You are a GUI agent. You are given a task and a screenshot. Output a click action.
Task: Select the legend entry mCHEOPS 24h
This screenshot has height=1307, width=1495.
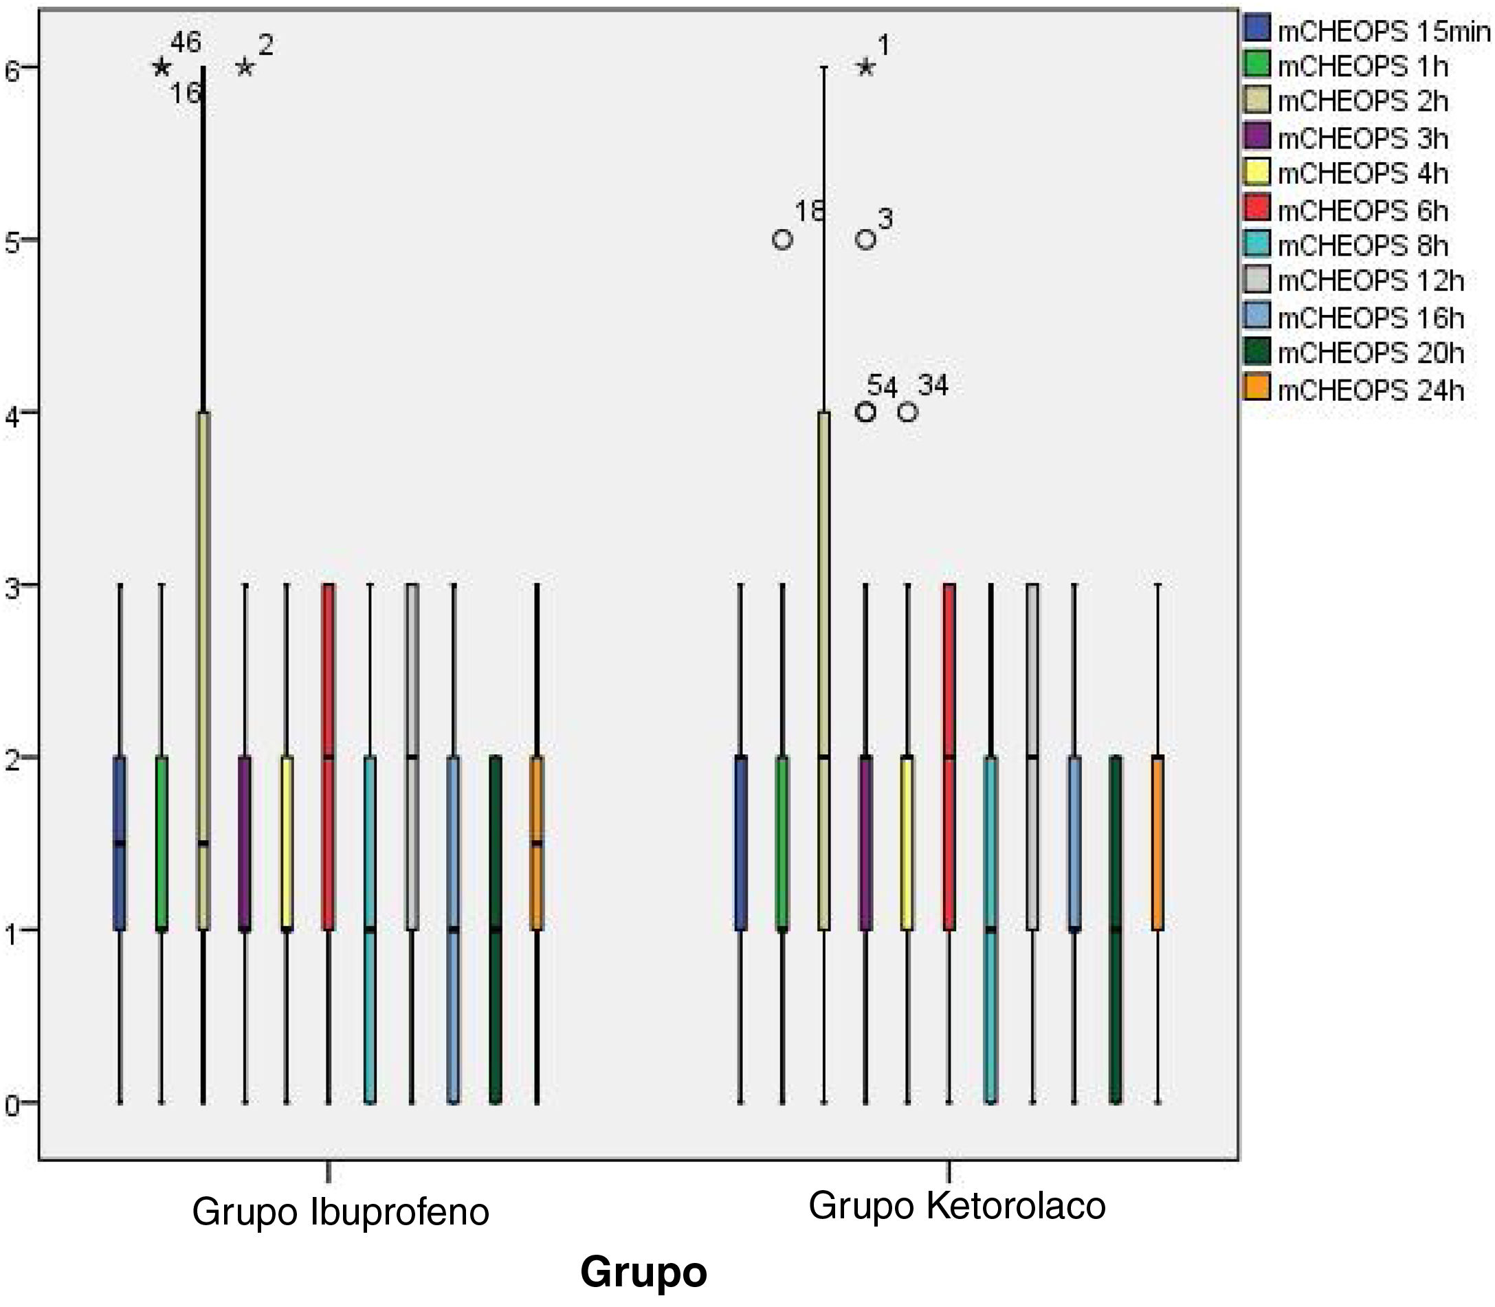pyautogui.click(x=1371, y=391)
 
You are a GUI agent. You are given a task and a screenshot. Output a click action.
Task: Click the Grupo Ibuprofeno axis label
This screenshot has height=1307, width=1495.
pyautogui.click(x=340, y=1212)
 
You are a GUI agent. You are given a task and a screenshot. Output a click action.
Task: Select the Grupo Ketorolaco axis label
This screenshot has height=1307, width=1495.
pyautogui.click(x=957, y=1206)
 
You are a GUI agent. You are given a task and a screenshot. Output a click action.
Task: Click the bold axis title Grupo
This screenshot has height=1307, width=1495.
pyautogui.click(x=643, y=1272)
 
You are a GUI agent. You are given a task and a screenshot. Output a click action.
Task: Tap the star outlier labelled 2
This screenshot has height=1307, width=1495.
pyautogui.click(x=245, y=68)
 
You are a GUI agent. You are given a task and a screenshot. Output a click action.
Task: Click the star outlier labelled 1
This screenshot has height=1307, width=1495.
pyautogui.click(x=865, y=68)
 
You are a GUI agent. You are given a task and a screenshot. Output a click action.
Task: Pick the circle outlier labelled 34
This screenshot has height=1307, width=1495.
pyautogui.click(x=907, y=412)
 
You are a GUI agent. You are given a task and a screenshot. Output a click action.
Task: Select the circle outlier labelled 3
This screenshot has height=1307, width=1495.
pyautogui.click(x=865, y=240)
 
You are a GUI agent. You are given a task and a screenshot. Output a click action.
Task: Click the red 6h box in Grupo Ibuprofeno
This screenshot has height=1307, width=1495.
pyautogui.click(x=328, y=757)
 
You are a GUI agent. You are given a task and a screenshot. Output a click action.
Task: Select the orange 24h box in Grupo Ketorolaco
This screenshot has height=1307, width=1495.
pyautogui.click(x=1158, y=843)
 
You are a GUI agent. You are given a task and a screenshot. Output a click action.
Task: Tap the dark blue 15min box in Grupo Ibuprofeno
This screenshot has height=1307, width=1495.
pyautogui.click(x=120, y=843)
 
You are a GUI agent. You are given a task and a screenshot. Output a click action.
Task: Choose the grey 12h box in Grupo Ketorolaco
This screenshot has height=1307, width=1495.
pyautogui.click(x=1032, y=757)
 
